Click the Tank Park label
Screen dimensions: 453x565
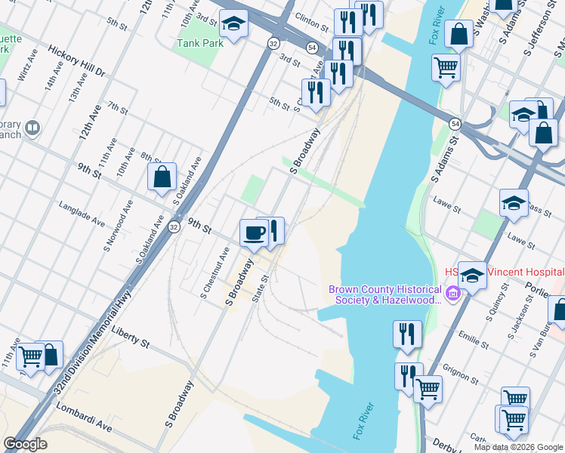click(x=200, y=43)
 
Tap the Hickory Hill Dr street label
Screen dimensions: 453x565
click(x=76, y=60)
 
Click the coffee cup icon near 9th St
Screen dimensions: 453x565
click(x=253, y=233)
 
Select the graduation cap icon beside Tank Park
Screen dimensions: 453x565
click(x=233, y=26)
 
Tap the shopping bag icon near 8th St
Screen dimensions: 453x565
click(x=162, y=177)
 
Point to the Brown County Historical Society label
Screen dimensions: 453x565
click(x=384, y=294)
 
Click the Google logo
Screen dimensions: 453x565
click(x=25, y=444)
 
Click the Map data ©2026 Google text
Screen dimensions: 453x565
click(x=517, y=447)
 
